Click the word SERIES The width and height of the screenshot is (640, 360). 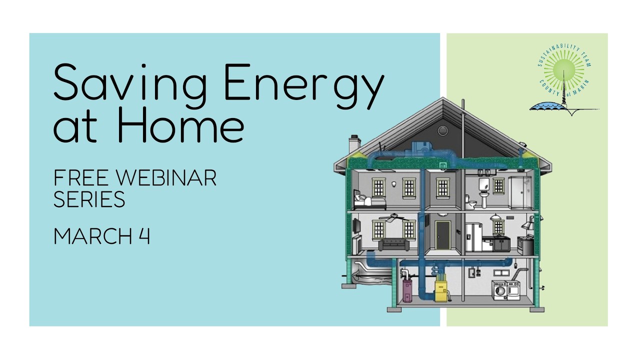(x=89, y=199)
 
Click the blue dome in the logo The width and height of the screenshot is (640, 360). (x=546, y=106)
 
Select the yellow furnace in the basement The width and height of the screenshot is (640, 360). (x=440, y=290)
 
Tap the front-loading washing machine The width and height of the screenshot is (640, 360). (x=499, y=290)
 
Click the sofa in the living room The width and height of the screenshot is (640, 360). (x=394, y=245)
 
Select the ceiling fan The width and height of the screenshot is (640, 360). (x=391, y=217)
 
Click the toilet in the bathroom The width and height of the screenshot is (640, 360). (x=470, y=202)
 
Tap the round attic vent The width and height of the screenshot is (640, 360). (x=442, y=130)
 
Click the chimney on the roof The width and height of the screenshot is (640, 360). (x=354, y=143)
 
